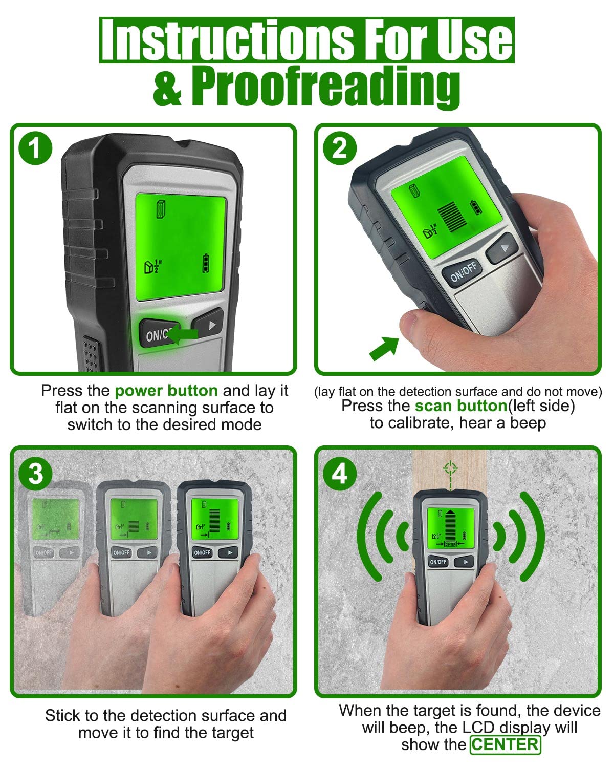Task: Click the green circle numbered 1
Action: click(35, 148)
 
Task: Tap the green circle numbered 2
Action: click(339, 148)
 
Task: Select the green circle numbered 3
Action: click(35, 474)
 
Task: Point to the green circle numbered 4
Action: click(339, 474)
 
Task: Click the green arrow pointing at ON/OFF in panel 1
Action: click(183, 334)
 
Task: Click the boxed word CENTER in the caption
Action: click(505, 744)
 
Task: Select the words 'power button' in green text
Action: click(166, 391)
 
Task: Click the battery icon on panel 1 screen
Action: click(206, 263)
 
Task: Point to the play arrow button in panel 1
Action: click(208, 324)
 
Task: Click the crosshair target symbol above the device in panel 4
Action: click(450, 467)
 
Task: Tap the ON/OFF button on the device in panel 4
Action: click(438, 562)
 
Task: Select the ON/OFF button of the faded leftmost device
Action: click(43, 553)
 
